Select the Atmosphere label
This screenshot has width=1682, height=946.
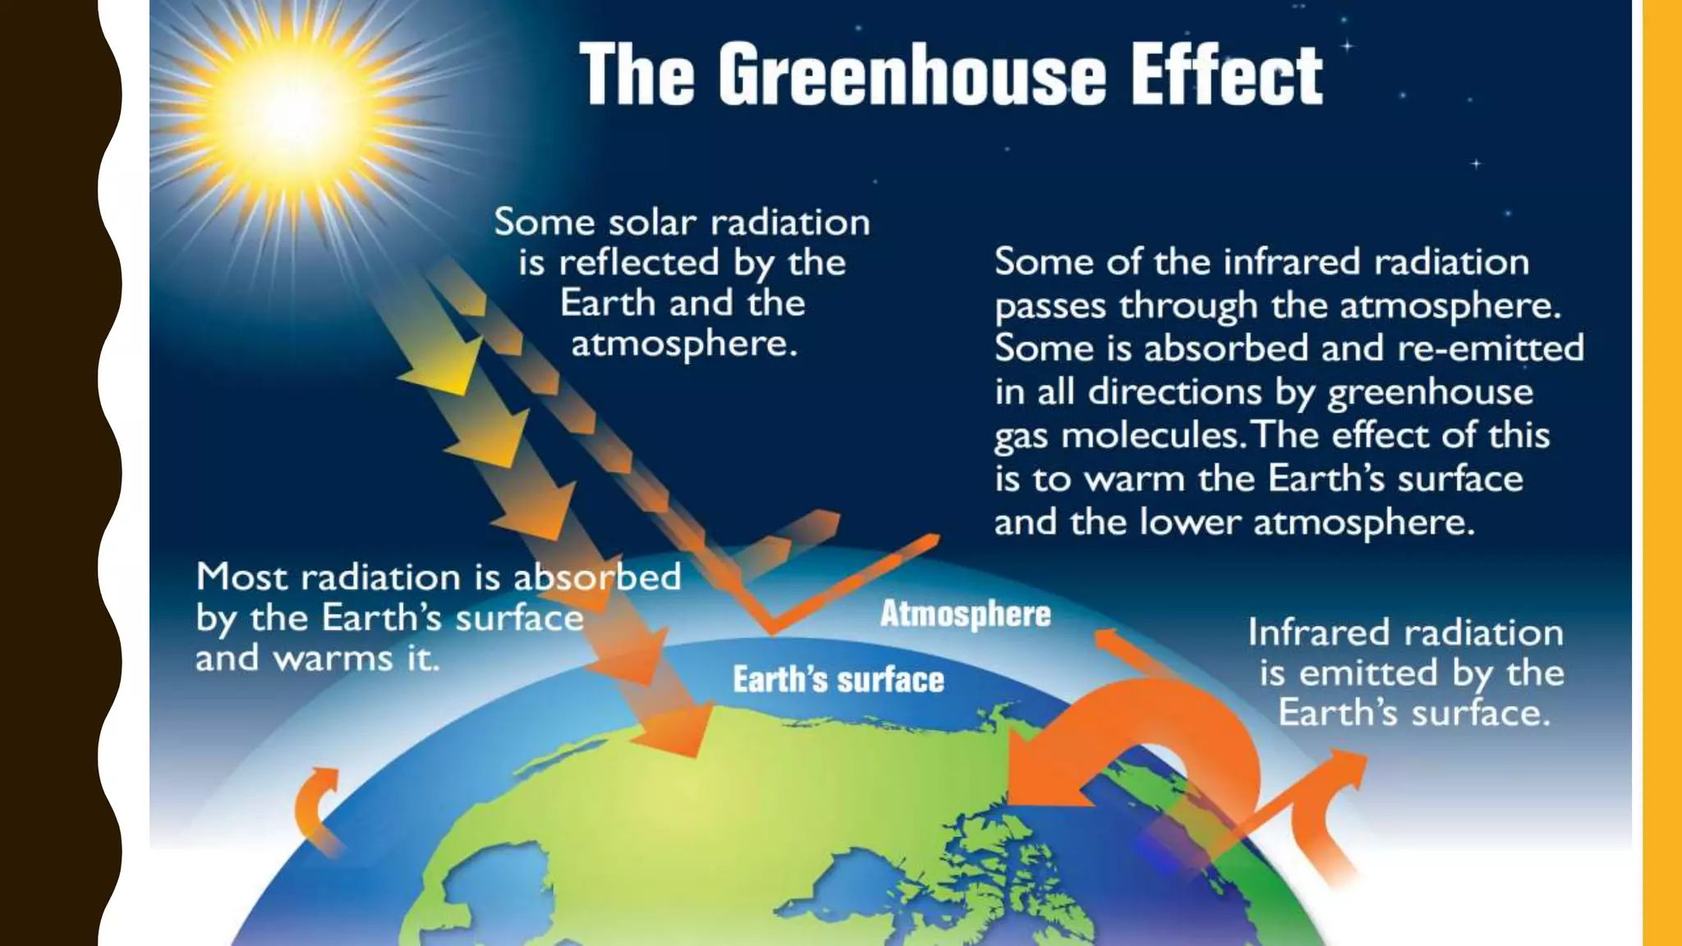pos(965,614)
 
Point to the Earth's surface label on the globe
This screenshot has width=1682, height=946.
pos(838,680)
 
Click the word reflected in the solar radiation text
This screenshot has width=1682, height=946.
pos(639,264)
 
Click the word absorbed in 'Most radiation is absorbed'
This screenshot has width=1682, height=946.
pos(597,577)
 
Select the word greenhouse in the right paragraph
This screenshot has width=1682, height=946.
pos(1430,393)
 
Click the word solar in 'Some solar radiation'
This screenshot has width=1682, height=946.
pos(652,223)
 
